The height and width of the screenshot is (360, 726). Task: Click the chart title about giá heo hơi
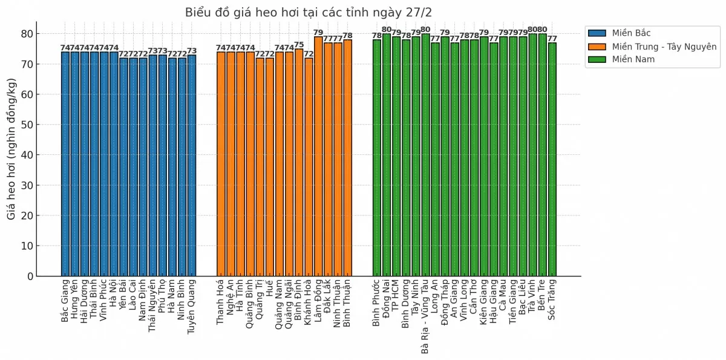pos(309,13)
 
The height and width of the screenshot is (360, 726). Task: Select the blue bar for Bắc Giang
pos(65,163)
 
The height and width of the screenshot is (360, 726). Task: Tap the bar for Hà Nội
pos(114,163)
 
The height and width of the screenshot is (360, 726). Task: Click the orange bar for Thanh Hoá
pos(221,163)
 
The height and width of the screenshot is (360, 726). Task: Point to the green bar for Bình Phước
pos(377,157)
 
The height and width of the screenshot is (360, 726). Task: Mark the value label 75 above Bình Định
pos(299,45)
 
